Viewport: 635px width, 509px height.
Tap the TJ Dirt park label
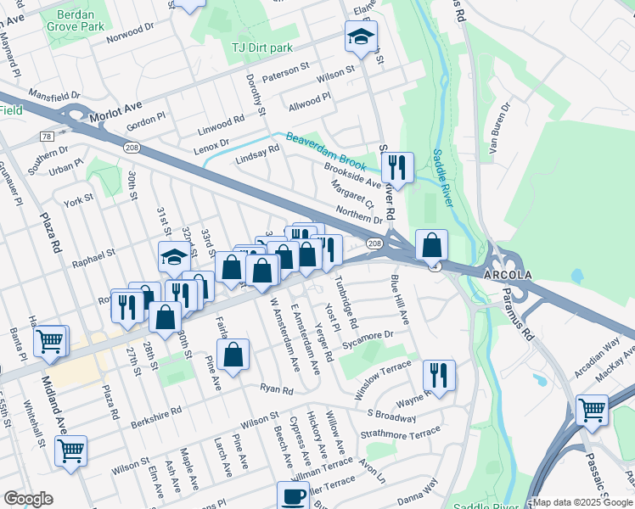click(x=257, y=48)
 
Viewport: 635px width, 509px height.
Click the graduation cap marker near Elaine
click(x=360, y=37)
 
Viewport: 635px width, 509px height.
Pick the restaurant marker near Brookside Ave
click(x=396, y=166)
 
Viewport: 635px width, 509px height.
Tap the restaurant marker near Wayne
click(x=438, y=374)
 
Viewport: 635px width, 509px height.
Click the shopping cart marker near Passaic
click(x=592, y=411)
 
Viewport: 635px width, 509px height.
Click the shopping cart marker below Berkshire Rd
click(x=70, y=450)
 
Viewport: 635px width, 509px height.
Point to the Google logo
click(x=29, y=499)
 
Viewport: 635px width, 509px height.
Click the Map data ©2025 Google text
click(x=581, y=502)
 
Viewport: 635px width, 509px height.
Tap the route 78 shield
click(x=46, y=136)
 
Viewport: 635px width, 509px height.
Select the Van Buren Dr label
click(x=498, y=131)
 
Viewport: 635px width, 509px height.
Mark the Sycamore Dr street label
click(x=368, y=339)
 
